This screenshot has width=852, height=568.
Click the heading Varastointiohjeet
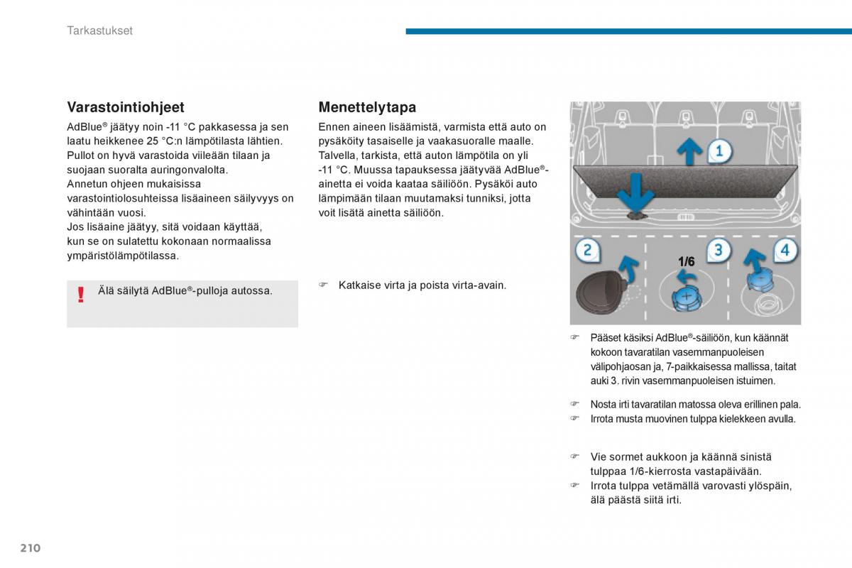point(126,107)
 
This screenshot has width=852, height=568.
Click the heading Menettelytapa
point(367,107)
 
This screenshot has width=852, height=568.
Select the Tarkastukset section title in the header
point(99,31)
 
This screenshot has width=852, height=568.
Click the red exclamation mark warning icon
point(81,294)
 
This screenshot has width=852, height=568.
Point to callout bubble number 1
point(719,151)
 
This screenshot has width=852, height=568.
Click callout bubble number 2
point(587,250)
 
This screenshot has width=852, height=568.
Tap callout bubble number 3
point(718,250)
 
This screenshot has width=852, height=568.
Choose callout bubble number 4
point(784,250)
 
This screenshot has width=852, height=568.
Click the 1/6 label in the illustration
point(686,262)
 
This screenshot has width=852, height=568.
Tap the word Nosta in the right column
point(602,405)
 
